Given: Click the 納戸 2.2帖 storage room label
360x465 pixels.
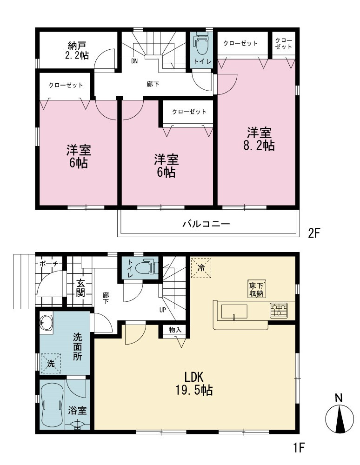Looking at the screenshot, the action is [76, 50].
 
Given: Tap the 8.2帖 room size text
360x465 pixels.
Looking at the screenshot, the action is [259, 146].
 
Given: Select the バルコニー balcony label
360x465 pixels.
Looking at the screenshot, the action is [206, 224].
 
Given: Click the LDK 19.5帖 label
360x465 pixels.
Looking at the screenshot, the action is [194, 384].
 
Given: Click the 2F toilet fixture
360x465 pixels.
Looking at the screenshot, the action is [202, 44].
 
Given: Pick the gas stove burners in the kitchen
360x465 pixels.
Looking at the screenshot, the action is [279, 311].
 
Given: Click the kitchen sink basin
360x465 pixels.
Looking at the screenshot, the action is [234, 312].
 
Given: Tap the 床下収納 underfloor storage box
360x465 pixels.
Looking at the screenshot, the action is [256, 289].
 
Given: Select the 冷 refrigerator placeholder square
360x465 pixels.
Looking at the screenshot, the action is [201, 268].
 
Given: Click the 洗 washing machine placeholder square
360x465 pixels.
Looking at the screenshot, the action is [51, 363].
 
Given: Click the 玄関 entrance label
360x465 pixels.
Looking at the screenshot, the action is [80, 288].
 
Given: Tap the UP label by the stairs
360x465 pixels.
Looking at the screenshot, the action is [162, 310].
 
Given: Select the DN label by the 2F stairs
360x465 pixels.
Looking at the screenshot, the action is [134, 62].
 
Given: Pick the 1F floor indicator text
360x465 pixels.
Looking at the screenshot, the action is [299, 447].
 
